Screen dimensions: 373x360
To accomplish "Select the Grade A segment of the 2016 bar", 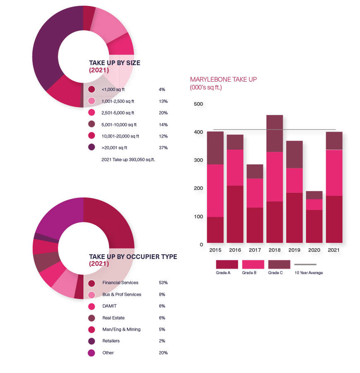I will [x=234, y=214].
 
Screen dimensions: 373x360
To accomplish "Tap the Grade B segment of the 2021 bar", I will [x=334, y=172].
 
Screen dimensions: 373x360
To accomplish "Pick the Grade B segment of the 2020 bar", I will [x=314, y=204].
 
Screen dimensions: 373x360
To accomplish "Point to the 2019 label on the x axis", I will [x=294, y=250].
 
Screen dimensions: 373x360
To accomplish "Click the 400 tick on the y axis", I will [x=198, y=132].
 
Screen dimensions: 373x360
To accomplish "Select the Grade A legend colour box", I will [x=227, y=264].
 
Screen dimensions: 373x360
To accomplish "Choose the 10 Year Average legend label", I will [x=308, y=273].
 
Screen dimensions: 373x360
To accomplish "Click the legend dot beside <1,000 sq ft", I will [x=92, y=89].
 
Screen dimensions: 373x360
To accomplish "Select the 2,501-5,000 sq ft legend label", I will [x=118, y=113].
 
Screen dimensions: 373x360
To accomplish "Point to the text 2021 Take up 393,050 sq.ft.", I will [x=128, y=159].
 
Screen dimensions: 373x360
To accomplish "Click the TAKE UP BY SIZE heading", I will [x=114, y=63].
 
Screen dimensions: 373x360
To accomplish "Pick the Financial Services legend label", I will [x=120, y=283].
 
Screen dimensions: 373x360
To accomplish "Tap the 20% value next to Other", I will [x=163, y=353].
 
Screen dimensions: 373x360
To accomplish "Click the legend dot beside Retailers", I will [x=92, y=341].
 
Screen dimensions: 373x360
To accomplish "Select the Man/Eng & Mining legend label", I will [x=121, y=329].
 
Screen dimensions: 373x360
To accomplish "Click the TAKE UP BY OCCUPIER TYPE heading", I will [x=133, y=257].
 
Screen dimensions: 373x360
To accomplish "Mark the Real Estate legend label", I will [x=114, y=318].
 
